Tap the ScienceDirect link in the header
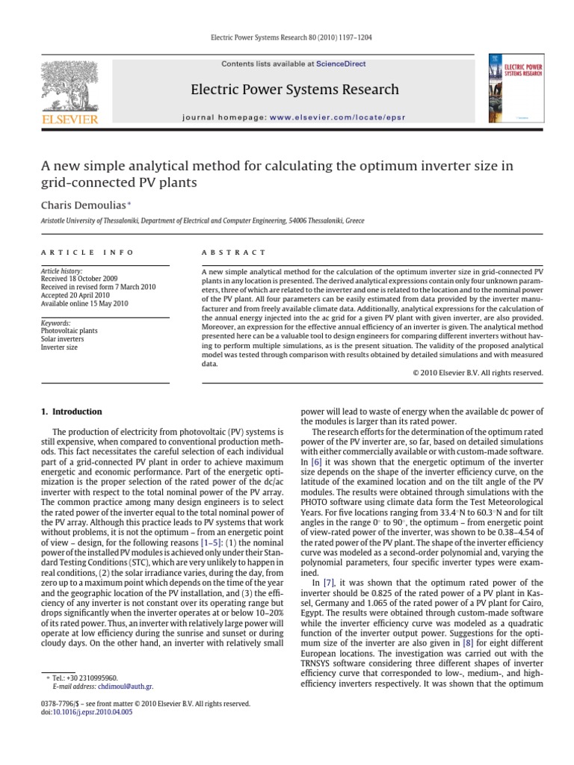[341, 64]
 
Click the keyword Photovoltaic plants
[70, 329]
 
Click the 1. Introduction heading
[70, 412]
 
